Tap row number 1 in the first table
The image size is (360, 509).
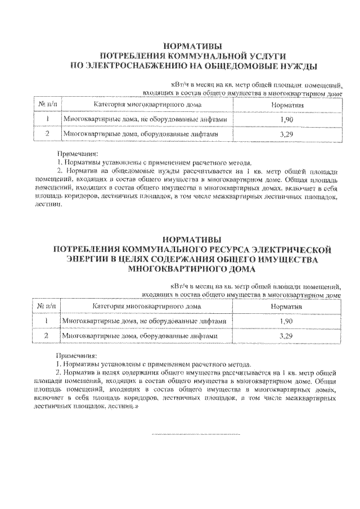47,120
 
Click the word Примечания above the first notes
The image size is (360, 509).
78,154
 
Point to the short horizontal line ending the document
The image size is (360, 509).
196,434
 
